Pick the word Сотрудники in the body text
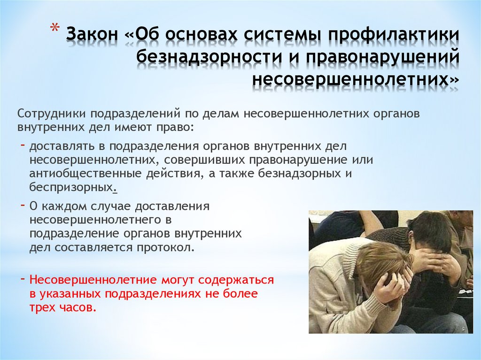coord(52,114)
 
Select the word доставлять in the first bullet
coord(58,146)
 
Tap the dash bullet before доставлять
coord(23,145)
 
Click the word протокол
coord(170,247)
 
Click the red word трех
coord(41,308)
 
